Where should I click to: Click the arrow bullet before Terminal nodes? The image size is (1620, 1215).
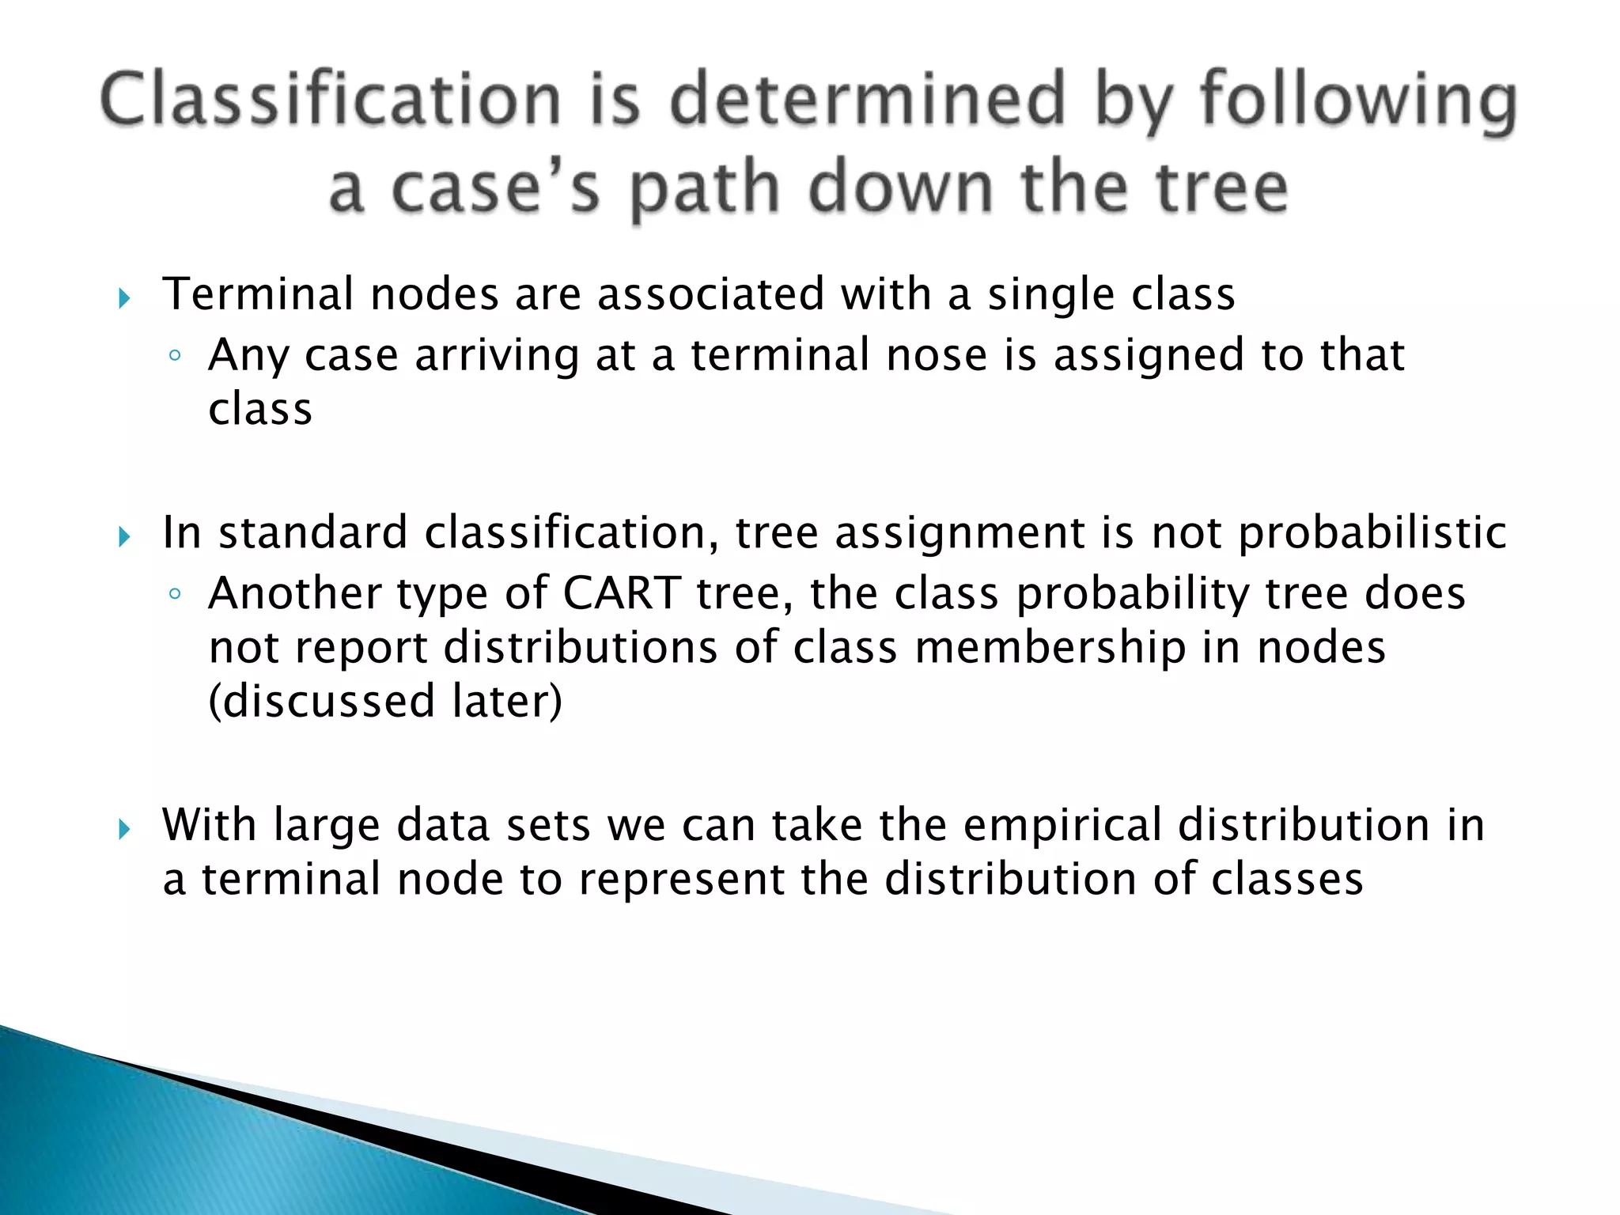(x=124, y=299)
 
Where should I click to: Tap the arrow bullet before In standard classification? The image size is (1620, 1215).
(x=124, y=538)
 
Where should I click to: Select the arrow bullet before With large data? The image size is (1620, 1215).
(x=124, y=830)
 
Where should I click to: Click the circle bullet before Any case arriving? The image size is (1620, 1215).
(x=175, y=356)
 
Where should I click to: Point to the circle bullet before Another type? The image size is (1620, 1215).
(x=175, y=594)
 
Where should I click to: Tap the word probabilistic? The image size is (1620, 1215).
(x=1372, y=534)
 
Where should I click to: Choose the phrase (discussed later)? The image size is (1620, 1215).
(x=385, y=701)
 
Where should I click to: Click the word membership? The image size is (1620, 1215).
(x=1050, y=648)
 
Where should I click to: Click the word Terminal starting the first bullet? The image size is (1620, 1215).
(x=258, y=294)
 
